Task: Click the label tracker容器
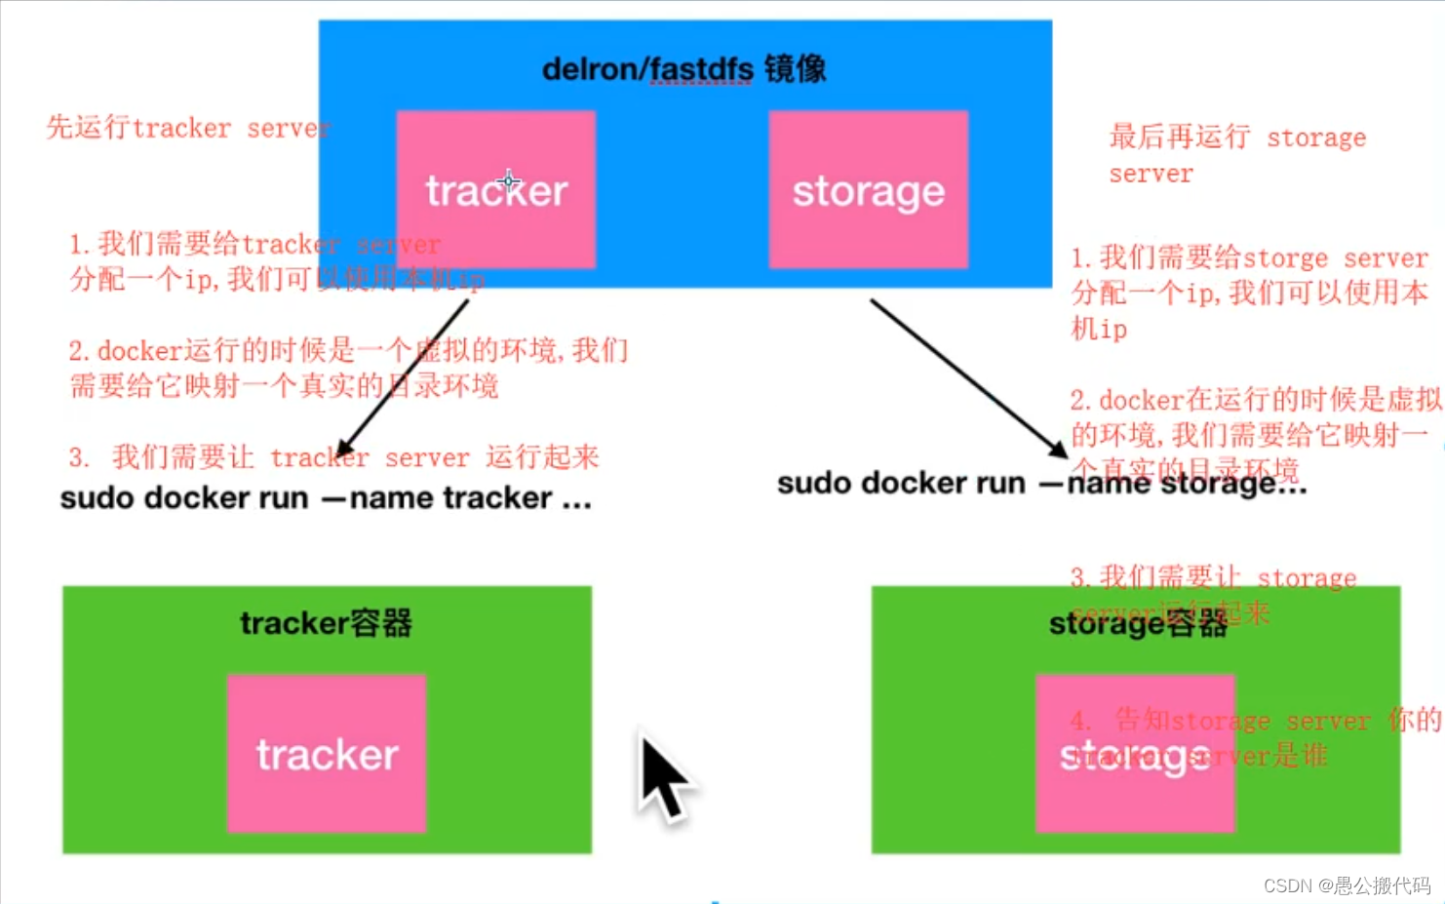coord(327,623)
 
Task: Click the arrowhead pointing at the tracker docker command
coord(343,449)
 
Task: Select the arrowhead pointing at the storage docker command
coord(1058,450)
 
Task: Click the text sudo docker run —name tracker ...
coord(325,498)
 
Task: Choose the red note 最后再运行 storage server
coord(1236,154)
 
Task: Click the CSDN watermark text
coord(1347,885)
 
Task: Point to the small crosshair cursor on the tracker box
coord(508,181)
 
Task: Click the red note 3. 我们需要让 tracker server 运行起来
coord(333,457)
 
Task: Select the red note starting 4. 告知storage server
coord(1254,737)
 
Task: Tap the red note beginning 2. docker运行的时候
coord(348,368)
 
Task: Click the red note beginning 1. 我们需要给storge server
coord(1248,293)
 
